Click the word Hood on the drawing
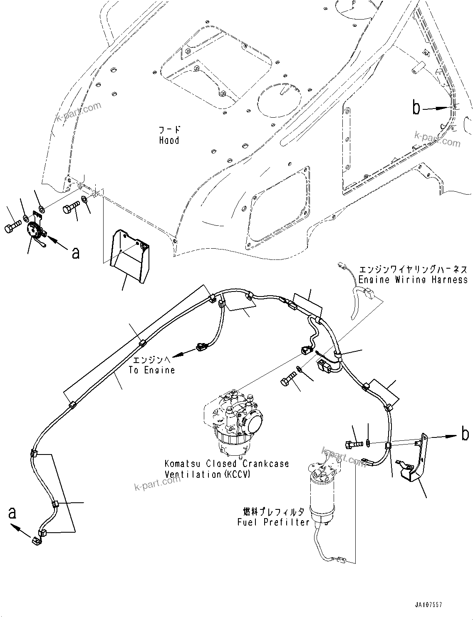[x=169, y=141]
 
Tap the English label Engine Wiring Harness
[x=413, y=280]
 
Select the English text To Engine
[x=152, y=370]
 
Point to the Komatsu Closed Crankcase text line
[x=227, y=464]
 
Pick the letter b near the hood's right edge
[x=416, y=108]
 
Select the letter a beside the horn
[x=75, y=252]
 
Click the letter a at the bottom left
[x=12, y=513]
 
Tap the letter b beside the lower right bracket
[x=465, y=434]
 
